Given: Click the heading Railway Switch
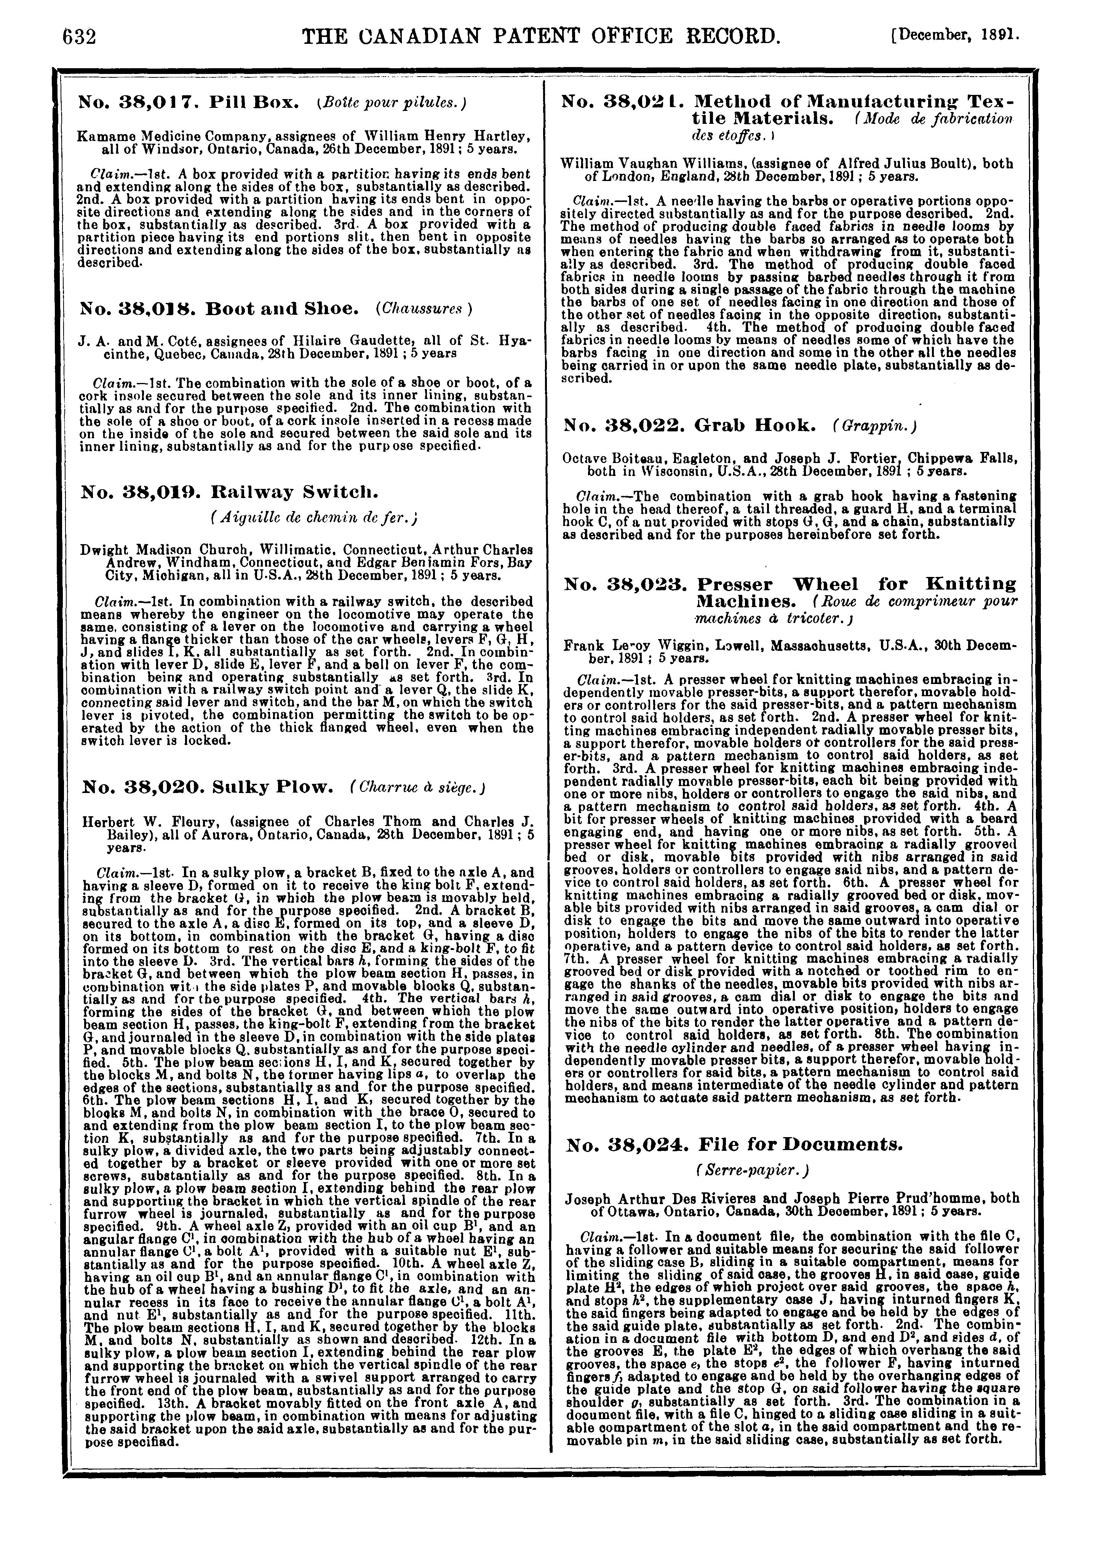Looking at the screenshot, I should tap(295, 492).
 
